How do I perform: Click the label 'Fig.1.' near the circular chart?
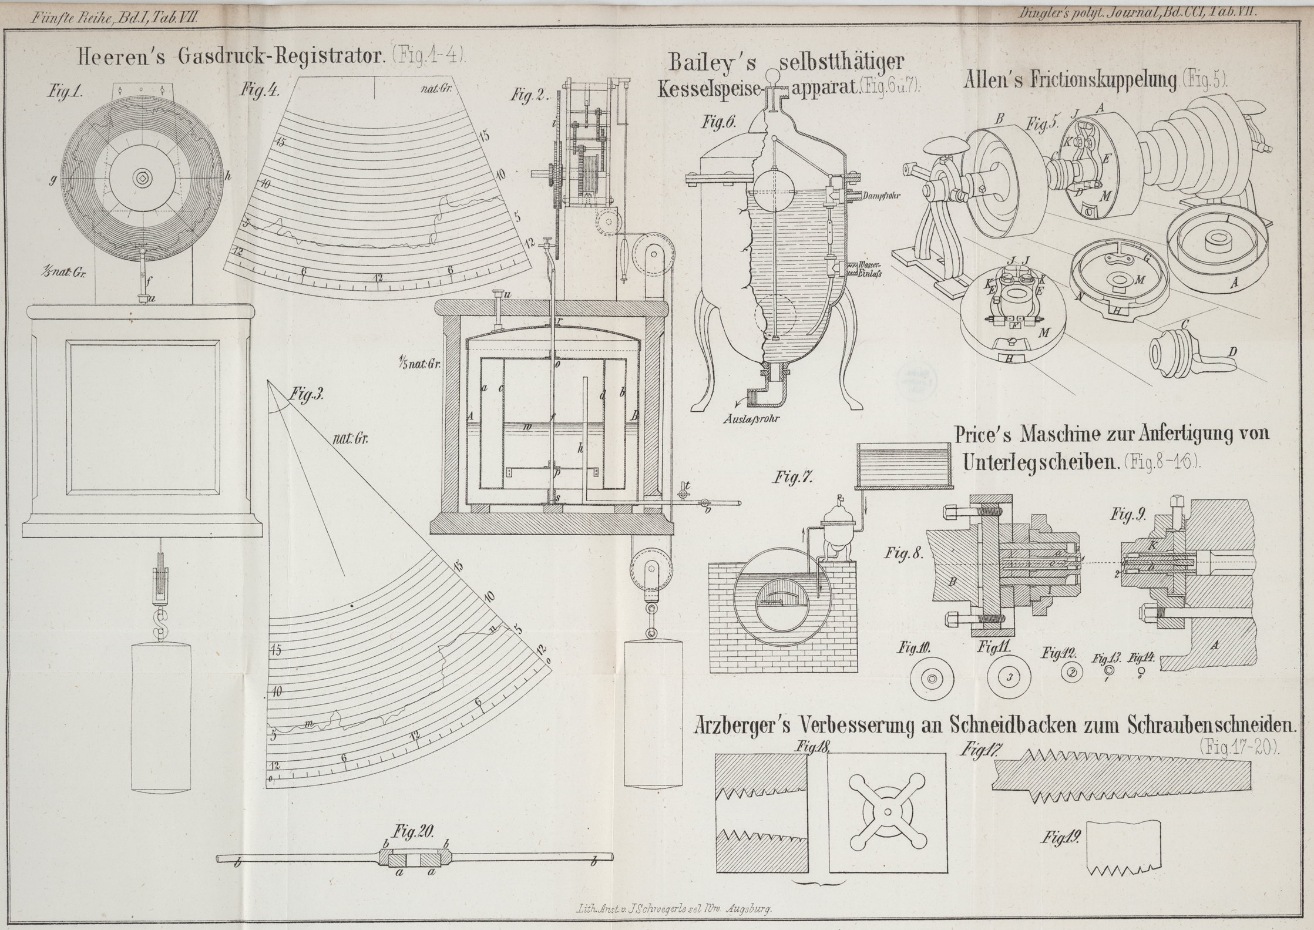(x=66, y=92)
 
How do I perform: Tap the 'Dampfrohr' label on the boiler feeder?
(x=882, y=195)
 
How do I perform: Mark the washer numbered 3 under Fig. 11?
(x=1009, y=677)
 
